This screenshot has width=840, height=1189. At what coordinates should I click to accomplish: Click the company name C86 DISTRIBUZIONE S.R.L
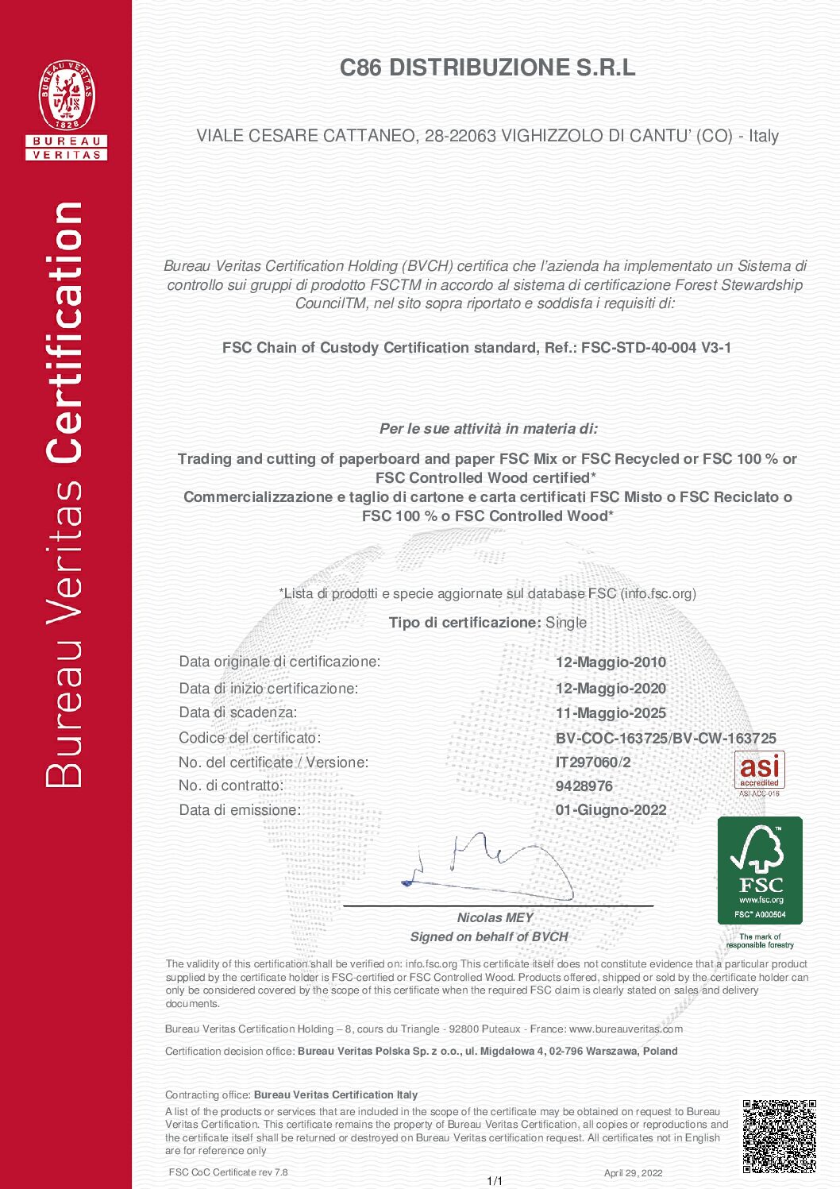click(487, 68)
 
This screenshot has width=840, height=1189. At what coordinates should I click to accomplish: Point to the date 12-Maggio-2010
click(611, 662)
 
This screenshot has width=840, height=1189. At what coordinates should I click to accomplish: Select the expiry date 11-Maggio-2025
click(611, 713)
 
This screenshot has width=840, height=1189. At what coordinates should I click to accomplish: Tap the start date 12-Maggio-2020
click(611, 689)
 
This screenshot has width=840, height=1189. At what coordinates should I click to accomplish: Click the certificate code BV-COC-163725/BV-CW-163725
click(665, 739)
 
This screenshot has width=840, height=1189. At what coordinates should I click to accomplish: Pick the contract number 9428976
click(584, 786)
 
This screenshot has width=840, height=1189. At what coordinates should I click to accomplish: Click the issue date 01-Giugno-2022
click(611, 810)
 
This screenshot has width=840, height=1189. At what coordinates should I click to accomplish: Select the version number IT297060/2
click(593, 762)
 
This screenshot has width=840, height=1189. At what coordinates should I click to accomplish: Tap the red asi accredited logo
click(759, 772)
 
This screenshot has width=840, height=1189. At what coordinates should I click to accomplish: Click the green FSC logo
click(760, 871)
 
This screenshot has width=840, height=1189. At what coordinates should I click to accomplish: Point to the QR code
click(779, 1137)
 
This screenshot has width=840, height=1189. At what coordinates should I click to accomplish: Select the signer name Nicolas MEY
click(495, 918)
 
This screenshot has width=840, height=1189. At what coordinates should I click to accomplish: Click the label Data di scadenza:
click(238, 712)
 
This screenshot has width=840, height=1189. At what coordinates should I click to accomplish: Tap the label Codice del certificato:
click(249, 738)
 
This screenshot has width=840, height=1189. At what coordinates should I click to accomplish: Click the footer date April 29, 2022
click(633, 1173)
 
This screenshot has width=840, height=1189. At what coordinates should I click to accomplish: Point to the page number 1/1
click(495, 1181)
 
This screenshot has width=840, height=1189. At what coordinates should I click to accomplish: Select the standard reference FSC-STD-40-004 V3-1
click(656, 348)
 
